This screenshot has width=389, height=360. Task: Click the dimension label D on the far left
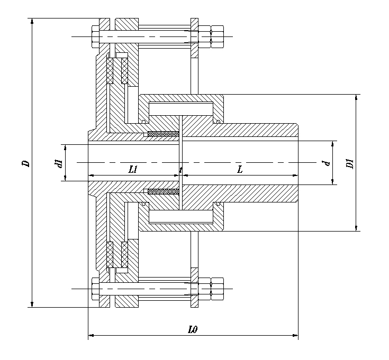(25, 163)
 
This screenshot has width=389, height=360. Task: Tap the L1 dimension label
(133, 169)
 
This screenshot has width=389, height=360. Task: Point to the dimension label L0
(193, 329)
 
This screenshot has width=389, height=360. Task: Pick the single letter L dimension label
(240, 169)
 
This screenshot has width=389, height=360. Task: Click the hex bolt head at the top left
(96, 36)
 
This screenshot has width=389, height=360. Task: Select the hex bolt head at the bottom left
(96, 290)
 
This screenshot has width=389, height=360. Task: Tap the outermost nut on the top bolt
(218, 36)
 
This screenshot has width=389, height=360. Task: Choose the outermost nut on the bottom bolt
(218, 290)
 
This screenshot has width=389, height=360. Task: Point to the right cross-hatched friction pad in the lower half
(125, 254)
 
